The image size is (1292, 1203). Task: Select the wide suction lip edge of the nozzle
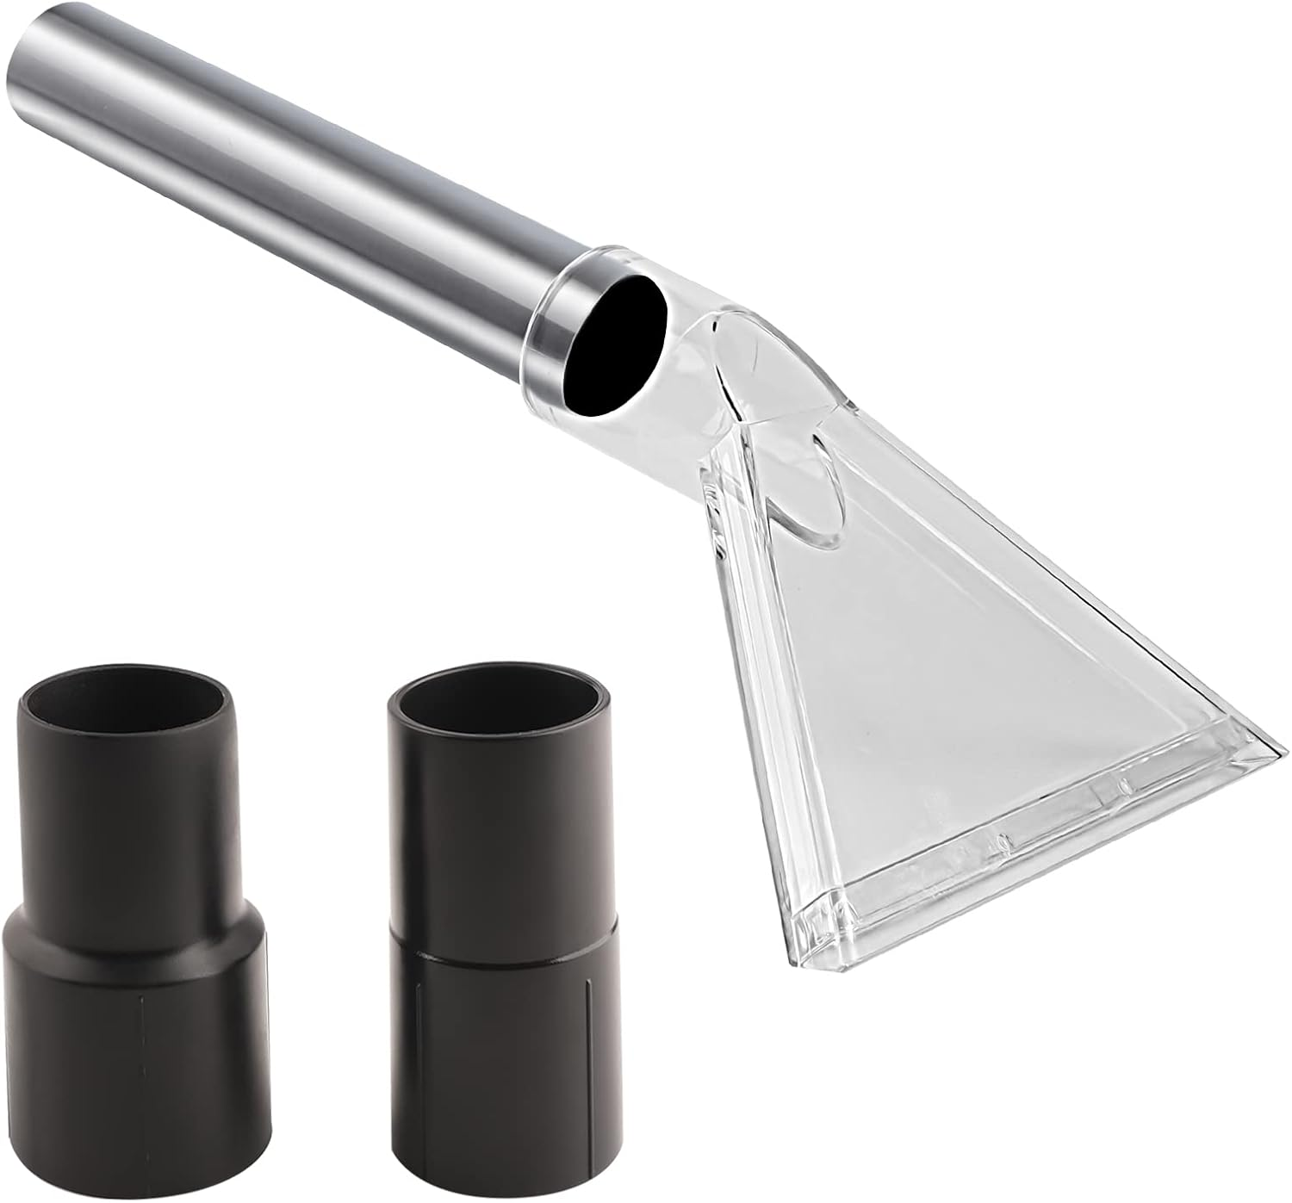click(1034, 853)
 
